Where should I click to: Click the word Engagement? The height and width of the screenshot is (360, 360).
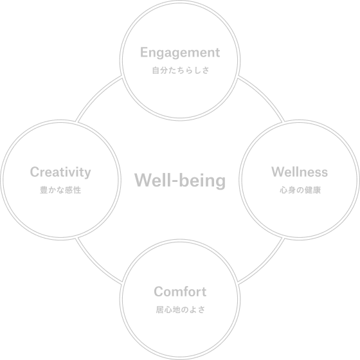[180, 53]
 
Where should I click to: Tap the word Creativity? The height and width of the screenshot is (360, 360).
[60, 173]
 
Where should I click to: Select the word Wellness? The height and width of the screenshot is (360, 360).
[300, 172]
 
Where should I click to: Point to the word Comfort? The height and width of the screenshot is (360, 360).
[180, 292]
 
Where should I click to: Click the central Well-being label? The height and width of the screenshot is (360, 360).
[180, 181]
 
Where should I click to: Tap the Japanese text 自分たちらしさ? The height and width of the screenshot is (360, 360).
[181, 71]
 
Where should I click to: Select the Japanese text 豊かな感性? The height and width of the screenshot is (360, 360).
[60, 190]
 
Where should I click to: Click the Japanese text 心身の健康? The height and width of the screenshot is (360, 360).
[300, 190]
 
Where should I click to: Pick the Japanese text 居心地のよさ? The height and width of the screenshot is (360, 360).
[181, 310]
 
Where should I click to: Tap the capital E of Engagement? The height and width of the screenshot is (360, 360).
[145, 52]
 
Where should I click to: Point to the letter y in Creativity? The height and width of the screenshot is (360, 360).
[87, 174]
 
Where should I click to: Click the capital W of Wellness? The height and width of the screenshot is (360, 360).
[278, 172]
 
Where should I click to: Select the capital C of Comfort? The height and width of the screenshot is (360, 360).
[159, 292]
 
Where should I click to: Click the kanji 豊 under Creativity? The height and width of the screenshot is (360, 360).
[44, 190]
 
